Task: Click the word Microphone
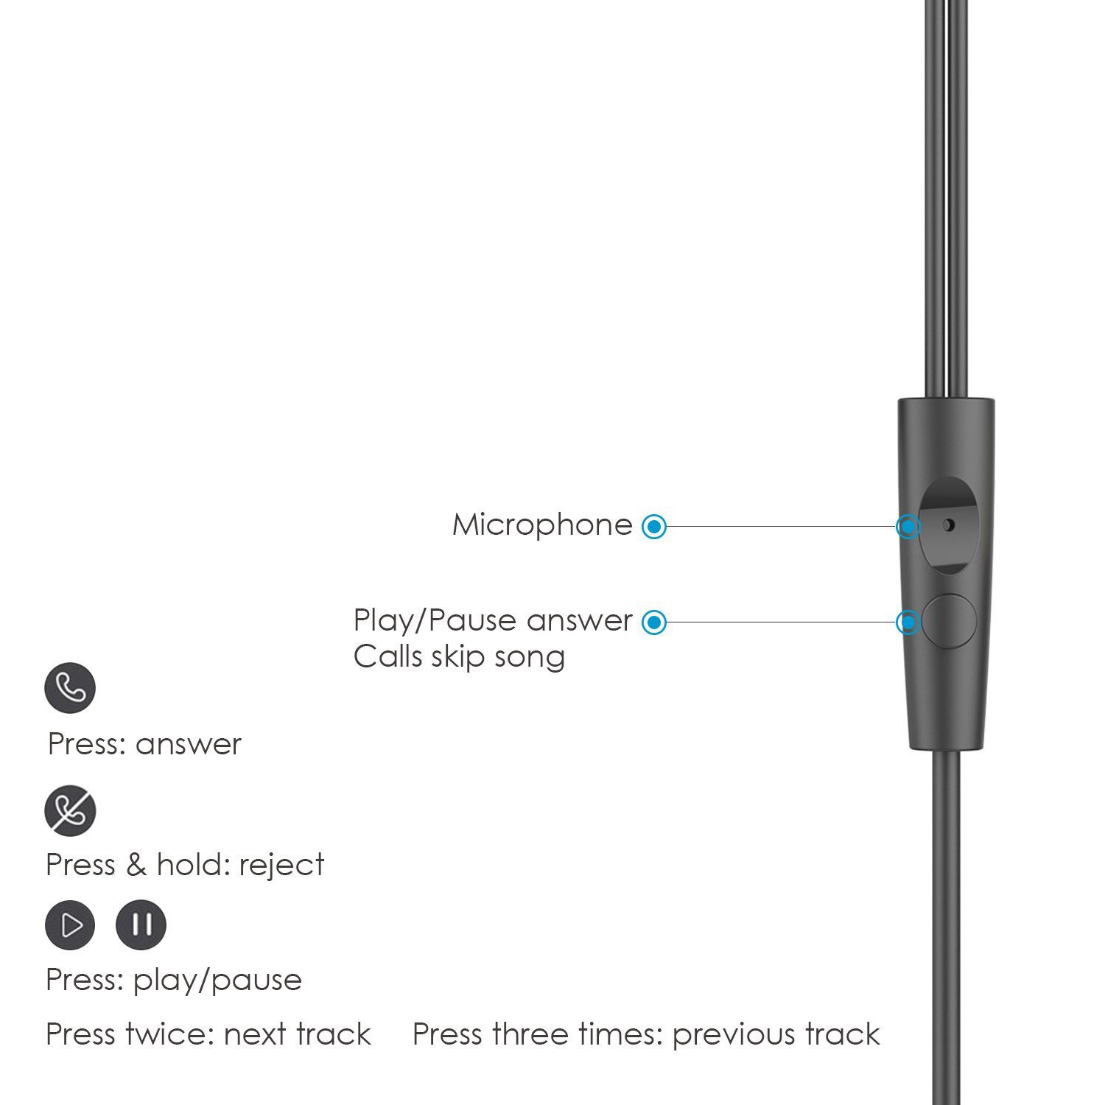[x=542, y=525]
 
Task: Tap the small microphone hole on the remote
[x=949, y=525]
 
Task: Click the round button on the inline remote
[x=949, y=621]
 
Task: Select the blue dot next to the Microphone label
[x=653, y=527]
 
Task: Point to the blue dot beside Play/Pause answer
[x=653, y=622]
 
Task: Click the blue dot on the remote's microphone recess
[x=908, y=527]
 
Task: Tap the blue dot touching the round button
[x=908, y=622]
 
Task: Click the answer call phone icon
[x=70, y=688]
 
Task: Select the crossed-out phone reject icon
[x=70, y=810]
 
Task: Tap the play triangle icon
[x=70, y=925]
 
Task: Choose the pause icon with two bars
[x=141, y=925]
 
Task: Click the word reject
[x=281, y=865]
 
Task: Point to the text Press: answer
[x=144, y=745]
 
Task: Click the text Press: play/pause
[x=174, y=981]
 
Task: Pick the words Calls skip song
[x=459, y=656]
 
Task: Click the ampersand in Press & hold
[x=136, y=865]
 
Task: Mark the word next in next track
[x=255, y=1035]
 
